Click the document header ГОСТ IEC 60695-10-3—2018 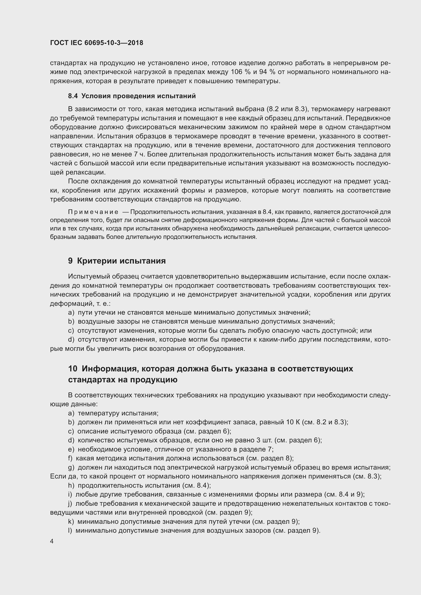[x=96, y=43]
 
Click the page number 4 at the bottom [x=52, y=541]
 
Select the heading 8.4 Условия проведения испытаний [x=132, y=96]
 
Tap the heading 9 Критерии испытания [x=117, y=261]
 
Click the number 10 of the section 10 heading [x=73, y=369]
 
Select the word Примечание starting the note [x=93, y=212]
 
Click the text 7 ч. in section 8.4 [x=140, y=154]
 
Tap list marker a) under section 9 [x=71, y=313]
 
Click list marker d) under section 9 [x=71, y=340]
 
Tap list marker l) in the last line [x=70, y=530]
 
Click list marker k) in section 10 [x=71, y=521]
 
